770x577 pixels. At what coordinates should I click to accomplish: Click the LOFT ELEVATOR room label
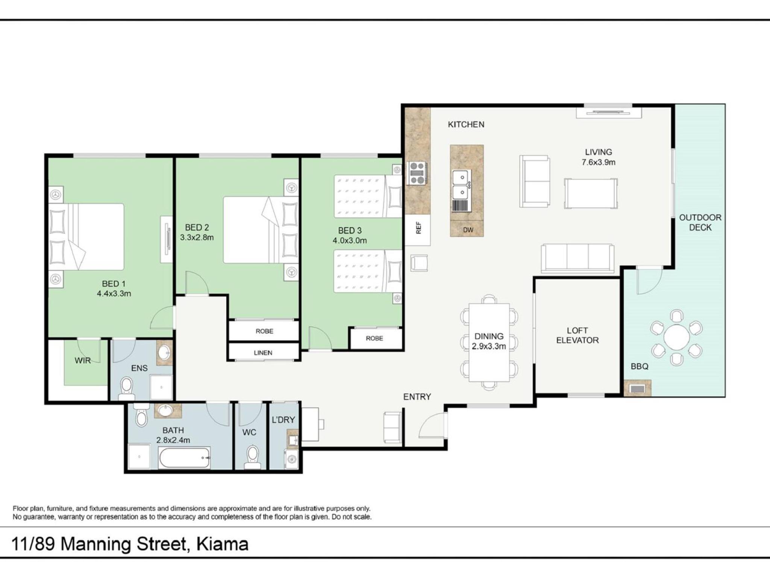tap(577, 335)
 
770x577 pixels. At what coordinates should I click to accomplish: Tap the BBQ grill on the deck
tap(637, 388)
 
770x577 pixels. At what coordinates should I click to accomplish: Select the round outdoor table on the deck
tap(676, 337)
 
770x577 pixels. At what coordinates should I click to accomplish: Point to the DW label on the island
tap(468, 230)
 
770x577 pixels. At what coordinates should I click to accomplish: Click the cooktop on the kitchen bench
tap(417, 173)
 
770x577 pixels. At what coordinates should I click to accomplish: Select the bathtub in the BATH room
tap(184, 458)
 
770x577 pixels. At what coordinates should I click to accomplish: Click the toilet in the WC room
tap(252, 457)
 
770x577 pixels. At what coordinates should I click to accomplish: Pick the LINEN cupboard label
tap(263, 353)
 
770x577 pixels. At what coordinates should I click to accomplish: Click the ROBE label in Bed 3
tap(374, 338)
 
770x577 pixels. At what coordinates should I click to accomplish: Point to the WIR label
tap(83, 361)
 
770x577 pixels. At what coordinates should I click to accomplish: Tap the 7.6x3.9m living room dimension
tap(599, 162)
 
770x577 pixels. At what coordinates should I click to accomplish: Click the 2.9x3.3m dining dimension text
tap(489, 346)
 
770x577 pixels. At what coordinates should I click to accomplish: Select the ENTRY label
tap(417, 397)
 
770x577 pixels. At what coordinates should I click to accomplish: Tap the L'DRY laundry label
tap(283, 420)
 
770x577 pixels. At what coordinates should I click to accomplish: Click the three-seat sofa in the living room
tap(577, 258)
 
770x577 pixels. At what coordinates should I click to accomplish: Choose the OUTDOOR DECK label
tap(700, 222)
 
